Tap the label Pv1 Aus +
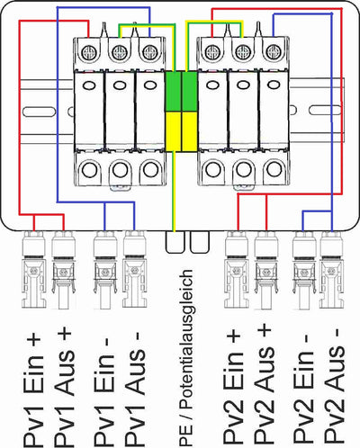coord(64,387)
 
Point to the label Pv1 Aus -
coord(134,389)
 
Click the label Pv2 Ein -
coord(303,390)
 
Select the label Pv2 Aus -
coord(335,388)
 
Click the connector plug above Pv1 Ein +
coord(34,269)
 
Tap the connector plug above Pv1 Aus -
coord(135,269)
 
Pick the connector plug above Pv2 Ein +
coord(237,269)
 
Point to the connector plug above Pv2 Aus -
coord(331,269)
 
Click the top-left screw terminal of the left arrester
coord(89,53)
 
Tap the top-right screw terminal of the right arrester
coord(273,51)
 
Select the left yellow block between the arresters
coord(173,131)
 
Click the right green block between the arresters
coord(189,92)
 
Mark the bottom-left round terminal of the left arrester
coord(89,170)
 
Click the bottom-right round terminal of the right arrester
coord(274,169)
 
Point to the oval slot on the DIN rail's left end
coord(39,112)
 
